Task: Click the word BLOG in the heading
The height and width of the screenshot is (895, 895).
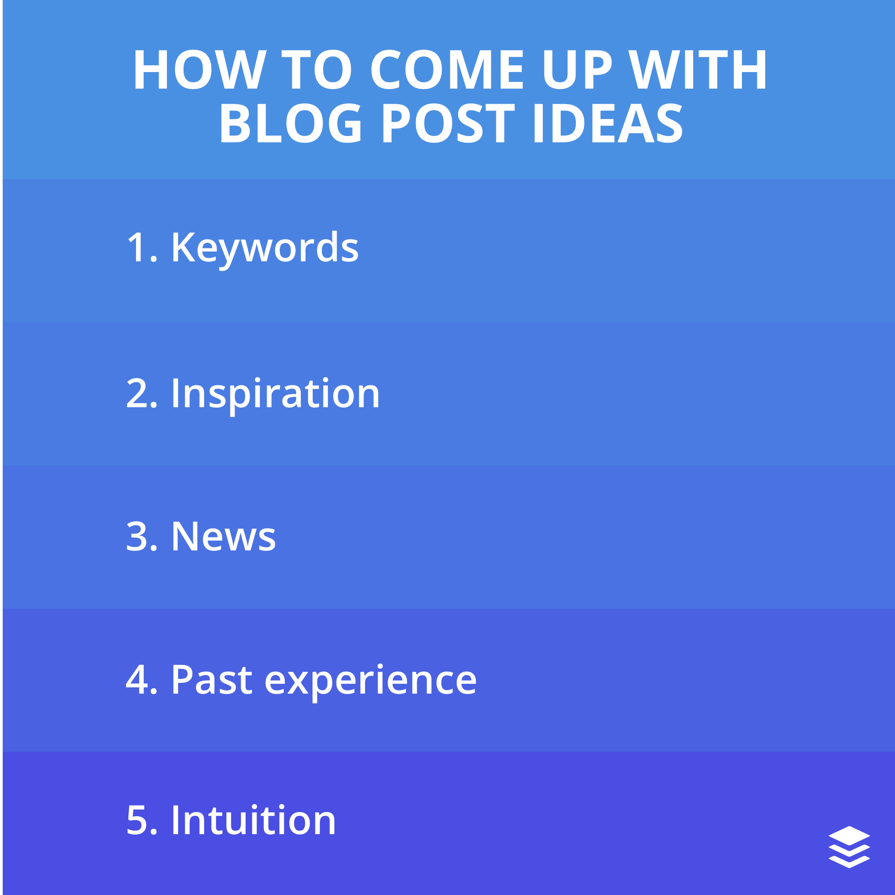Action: (290, 124)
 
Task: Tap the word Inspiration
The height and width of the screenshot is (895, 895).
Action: (276, 394)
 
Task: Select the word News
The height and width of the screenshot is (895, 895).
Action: (224, 537)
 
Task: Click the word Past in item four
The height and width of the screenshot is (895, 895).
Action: (212, 680)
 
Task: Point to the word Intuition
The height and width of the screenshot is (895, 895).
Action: (254, 820)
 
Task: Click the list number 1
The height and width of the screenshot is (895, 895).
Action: (137, 248)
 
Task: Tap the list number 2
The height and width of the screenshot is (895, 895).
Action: (137, 393)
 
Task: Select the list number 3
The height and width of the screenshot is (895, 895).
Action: (137, 537)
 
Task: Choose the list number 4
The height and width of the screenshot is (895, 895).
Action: (137, 680)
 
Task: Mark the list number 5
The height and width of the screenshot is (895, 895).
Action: (137, 820)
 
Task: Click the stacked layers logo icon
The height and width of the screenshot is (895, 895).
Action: (849, 847)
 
